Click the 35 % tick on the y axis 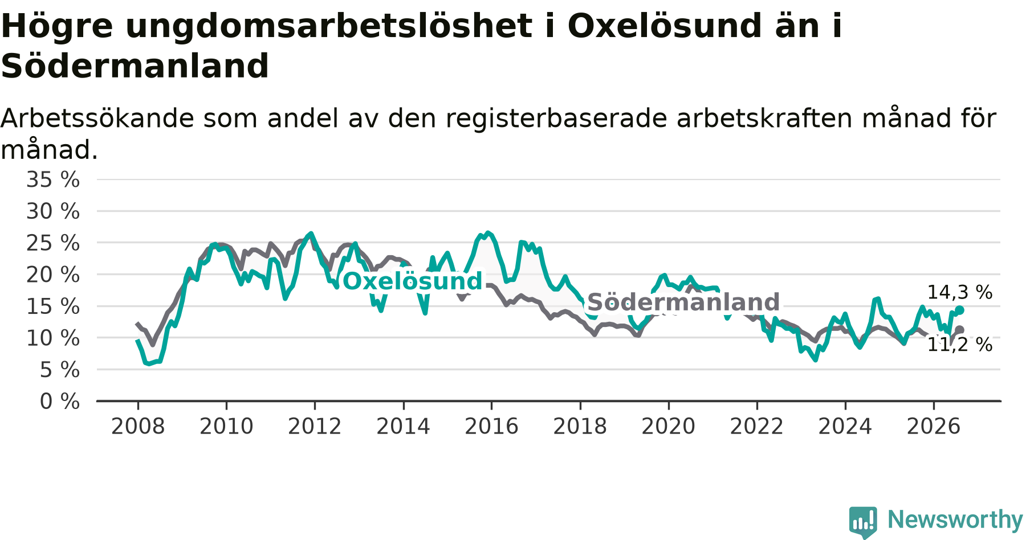point(53,180)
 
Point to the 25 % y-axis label point(53,243)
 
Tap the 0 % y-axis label point(60,402)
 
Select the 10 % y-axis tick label point(53,338)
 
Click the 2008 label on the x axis point(138,427)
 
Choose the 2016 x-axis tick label point(491,427)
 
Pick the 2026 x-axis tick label point(934,427)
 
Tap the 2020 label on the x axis point(669,427)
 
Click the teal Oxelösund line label point(413,281)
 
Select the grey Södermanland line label point(683,302)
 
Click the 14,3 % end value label point(960,293)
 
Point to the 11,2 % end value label point(960,345)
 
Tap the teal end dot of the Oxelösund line point(960,310)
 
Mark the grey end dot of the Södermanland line point(960,330)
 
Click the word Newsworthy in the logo point(955,520)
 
